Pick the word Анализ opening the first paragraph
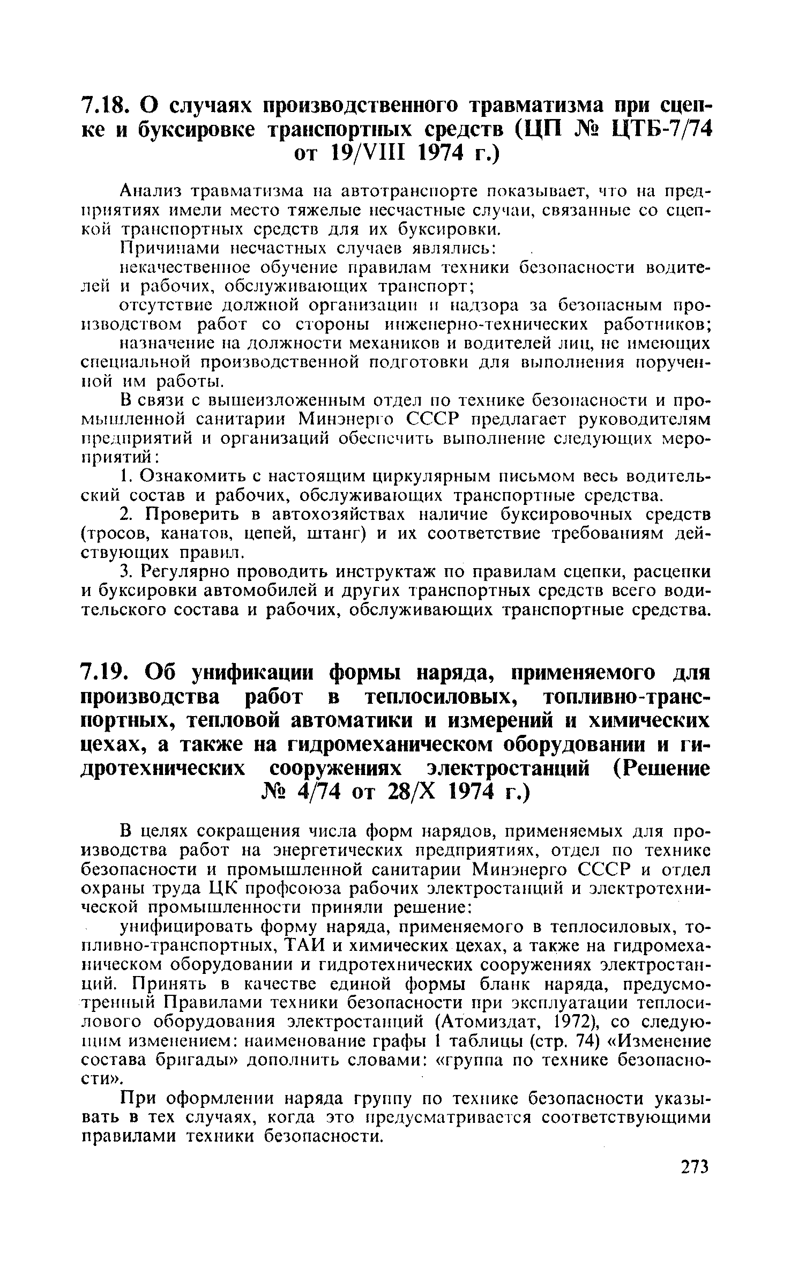(151, 190)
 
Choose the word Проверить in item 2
(193, 515)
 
